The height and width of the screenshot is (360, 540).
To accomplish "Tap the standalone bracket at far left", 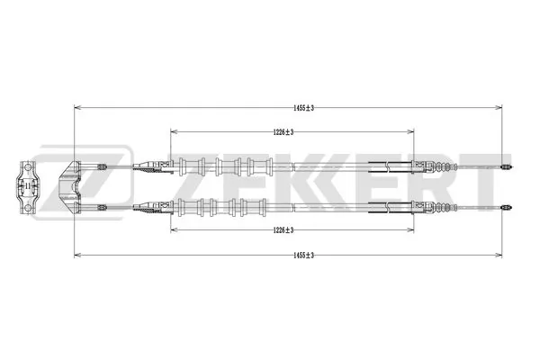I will pos(27,187).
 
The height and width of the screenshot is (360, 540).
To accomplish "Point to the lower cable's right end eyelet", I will pos(507,206).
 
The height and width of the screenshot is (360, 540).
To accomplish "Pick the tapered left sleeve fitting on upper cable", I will pos(144,167).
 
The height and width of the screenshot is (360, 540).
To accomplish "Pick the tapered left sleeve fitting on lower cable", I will pos(144,206).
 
